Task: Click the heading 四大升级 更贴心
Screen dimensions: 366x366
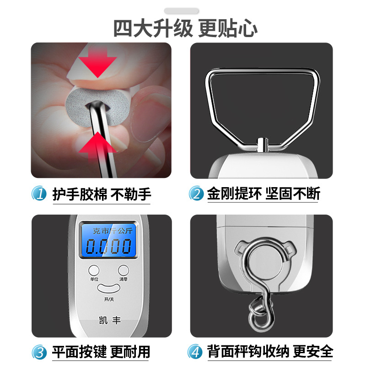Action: click(x=185, y=28)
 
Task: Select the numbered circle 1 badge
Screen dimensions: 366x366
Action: click(x=39, y=193)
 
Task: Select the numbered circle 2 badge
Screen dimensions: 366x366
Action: click(x=197, y=193)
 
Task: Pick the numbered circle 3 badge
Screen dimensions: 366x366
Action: click(x=39, y=352)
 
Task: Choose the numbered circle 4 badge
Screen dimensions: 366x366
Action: click(x=195, y=351)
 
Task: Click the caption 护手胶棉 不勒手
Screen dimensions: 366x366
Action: click(x=102, y=194)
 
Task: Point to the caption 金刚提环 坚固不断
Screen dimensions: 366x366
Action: click(x=264, y=193)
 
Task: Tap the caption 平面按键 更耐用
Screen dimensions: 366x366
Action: click(x=101, y=352)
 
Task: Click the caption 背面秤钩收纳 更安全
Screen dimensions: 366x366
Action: click(x=270, y=351)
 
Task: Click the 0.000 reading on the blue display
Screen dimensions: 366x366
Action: click(x=108, y=247)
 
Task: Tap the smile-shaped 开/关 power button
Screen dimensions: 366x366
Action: click(x=108, y=288)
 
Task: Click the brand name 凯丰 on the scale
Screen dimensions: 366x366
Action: click(x=110, y=320)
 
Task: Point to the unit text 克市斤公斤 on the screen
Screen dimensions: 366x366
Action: click(x=113, y=231)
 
